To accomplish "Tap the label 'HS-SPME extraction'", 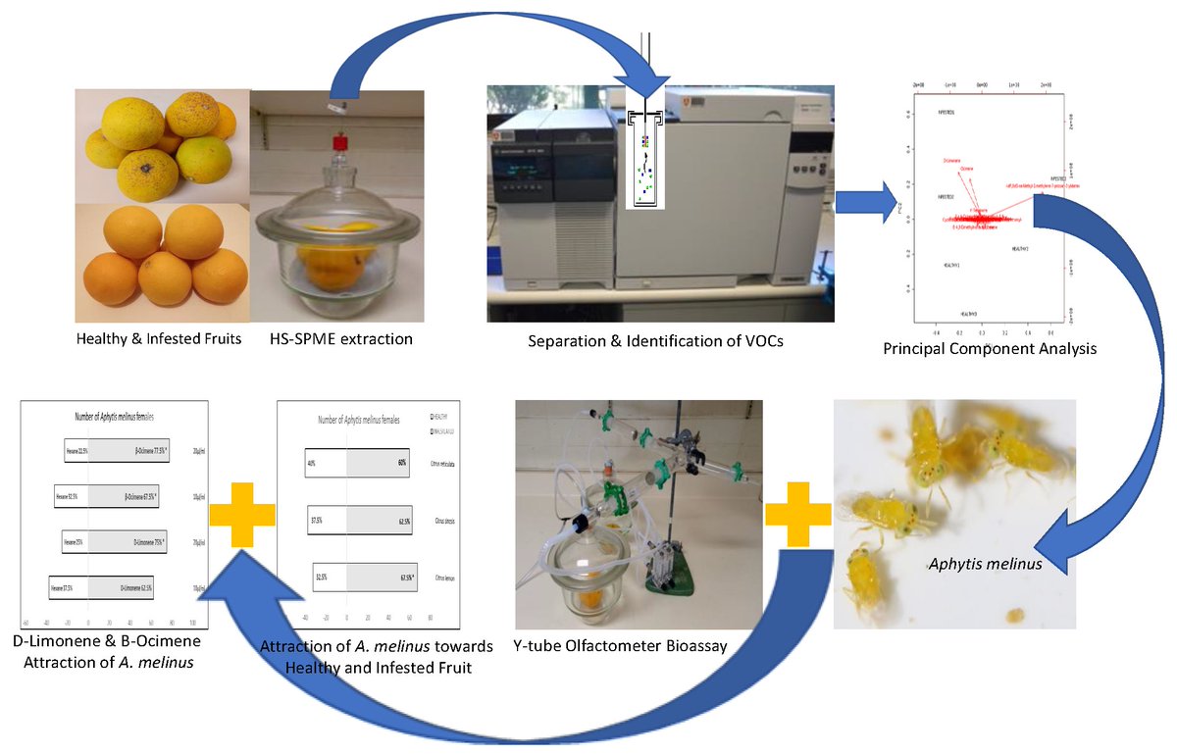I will [x=340, y=339].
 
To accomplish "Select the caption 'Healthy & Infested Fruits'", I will [x=159, y=339].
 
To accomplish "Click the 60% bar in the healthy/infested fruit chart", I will [x=379, y=462].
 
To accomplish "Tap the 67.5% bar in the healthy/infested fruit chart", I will [x=382, y=578].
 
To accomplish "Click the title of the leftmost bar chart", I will [x=113, y=417].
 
